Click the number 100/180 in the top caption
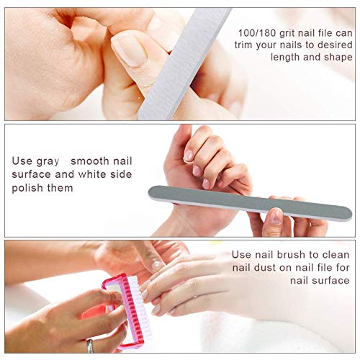pos(256,33)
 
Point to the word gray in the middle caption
pos(48,162)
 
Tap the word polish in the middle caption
pos(27,188)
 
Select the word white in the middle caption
pos(92,174)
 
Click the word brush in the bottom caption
pos(291,254)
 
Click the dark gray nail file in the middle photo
pos(250,202)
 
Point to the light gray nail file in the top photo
pos(185,63)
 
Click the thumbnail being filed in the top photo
pos(129,50)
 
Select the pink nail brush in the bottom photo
pos(125,312)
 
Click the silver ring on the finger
pos(90,346)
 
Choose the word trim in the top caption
pos(243,45)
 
